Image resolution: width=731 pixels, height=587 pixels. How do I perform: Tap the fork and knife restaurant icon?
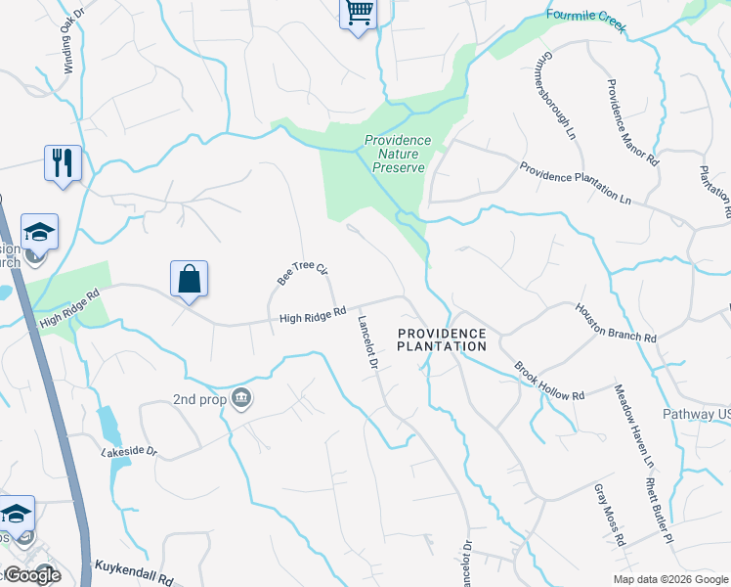(x=64, y=162)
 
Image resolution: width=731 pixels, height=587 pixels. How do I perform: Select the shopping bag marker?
(x=189, y=279)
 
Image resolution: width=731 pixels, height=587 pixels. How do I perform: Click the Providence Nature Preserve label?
(x=398, y=154)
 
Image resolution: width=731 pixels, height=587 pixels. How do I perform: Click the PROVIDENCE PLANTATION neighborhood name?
(x=442, y=339)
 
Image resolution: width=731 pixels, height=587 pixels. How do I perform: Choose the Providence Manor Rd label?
(x=633, y=122)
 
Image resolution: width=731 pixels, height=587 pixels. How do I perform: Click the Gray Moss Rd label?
(x=610, y=515)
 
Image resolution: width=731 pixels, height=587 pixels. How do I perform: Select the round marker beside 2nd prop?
(x=243, y=398)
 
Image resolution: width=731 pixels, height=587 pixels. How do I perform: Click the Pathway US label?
(x=697, y=415)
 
